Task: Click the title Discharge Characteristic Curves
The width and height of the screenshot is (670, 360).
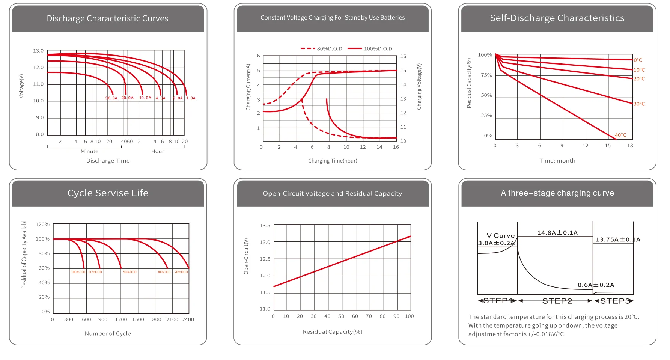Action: [x=107, y=18]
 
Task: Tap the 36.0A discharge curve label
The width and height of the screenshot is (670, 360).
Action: [x=111, y=98]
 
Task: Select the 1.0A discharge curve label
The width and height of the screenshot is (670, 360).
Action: [x=191, y=98]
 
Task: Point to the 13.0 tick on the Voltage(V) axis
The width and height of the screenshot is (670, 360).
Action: [x=38, y=51]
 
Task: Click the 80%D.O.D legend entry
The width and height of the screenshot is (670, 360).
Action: [x=322, y=48]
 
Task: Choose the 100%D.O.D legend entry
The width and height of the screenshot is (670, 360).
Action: [x=370, y=48]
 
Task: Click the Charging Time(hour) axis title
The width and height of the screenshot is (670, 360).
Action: [x=333, y=161]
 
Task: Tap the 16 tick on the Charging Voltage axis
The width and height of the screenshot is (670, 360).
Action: [x=403, y=56]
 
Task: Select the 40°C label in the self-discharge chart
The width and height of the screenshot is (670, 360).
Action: [x=620, y=135]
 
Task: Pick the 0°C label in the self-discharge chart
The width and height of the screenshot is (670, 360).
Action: [x=638, y=60]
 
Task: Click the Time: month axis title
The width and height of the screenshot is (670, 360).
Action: [x=557, y=161]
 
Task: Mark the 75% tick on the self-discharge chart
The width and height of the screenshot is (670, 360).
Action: [x=486, y=75]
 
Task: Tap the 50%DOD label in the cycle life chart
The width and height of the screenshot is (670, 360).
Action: [x=130, y=272]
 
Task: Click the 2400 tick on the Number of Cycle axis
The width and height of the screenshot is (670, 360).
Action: [x=188, y=319]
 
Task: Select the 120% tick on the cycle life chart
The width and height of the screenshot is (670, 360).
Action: [x=42, y=224]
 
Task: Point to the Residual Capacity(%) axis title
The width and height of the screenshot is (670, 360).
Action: [x=333, y=331]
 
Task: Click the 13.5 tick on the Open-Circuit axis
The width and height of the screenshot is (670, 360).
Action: [x=265, y=226]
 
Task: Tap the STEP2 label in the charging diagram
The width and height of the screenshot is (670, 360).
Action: [x=557, y=301]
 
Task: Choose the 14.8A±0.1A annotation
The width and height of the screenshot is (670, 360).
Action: [x=557, y=233]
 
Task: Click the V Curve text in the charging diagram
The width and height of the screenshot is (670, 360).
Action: [x=501, y=236]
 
